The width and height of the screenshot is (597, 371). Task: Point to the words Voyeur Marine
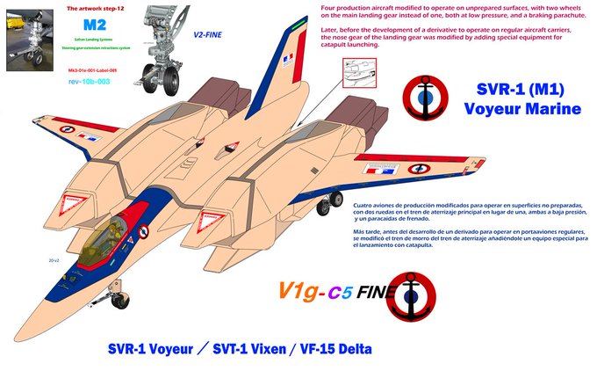pos(523,110)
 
